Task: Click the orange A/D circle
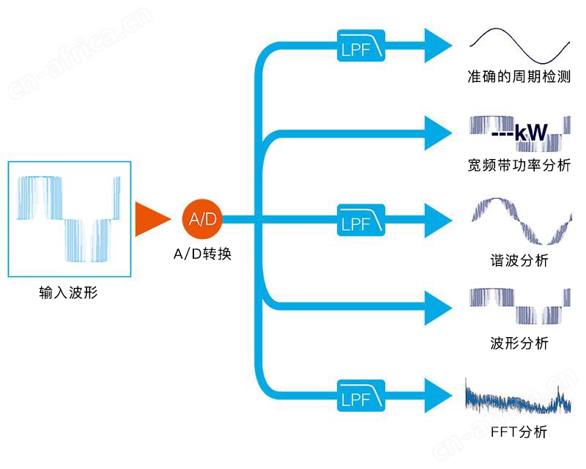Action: [x=202, y=219]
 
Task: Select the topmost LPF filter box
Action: [x=361, y=45]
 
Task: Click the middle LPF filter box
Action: [x=361, y=220]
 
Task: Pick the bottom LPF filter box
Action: [x=361, y=396]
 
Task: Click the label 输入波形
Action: [x=68, y=292]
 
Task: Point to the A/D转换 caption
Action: [x=203, y=254]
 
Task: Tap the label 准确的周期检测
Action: [x=519, y=77]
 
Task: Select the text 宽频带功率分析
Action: [x=519, y=165]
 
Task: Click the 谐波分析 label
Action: [x=519, y=260]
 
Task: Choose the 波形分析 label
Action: [x=519, y=343]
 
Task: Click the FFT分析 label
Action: [x=519, y=432]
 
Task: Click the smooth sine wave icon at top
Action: [x=520, y=45]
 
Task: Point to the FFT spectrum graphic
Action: [x=518, y=398]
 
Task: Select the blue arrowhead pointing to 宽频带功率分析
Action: [x=438, y=133]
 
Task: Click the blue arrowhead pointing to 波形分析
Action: [x=438, y=308]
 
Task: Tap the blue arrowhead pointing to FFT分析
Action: [x=438, y=396]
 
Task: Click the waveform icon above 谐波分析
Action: [x=522, y=221]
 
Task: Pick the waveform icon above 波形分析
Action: [x=520, y=306]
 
